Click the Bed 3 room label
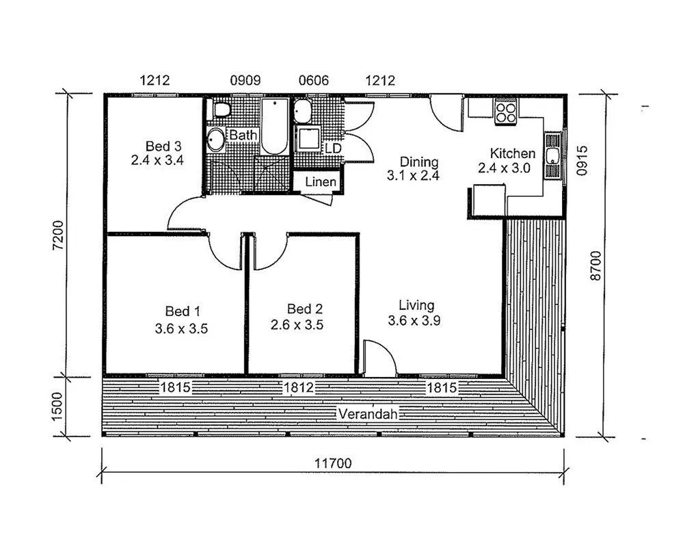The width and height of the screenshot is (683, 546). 163,146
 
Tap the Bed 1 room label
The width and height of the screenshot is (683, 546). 183,311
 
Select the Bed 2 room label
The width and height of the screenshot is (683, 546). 305,309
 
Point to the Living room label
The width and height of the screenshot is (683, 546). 417,305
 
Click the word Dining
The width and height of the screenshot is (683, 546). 419,162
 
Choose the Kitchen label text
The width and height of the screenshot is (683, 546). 513,153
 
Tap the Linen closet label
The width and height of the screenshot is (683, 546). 321,182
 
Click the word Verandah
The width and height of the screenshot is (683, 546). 368,413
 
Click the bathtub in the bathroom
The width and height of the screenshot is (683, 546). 274,127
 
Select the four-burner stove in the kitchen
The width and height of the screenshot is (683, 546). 506,112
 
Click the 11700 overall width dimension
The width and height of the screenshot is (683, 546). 333,463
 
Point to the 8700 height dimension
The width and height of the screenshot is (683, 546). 595,265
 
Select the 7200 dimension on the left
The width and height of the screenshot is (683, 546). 57,235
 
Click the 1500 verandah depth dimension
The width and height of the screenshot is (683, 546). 57,407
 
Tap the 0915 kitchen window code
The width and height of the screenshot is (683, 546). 582,160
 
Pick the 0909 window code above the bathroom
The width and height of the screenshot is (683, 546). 245,80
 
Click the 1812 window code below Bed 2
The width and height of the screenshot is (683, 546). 299,387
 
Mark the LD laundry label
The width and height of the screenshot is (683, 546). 333,148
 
